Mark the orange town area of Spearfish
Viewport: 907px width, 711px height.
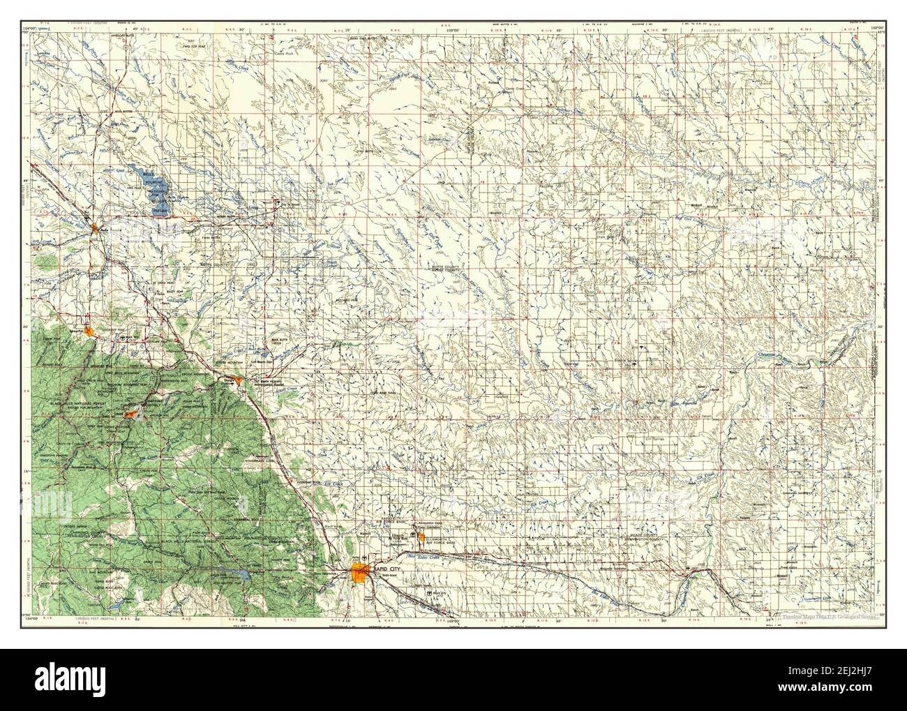pos(89,331)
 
